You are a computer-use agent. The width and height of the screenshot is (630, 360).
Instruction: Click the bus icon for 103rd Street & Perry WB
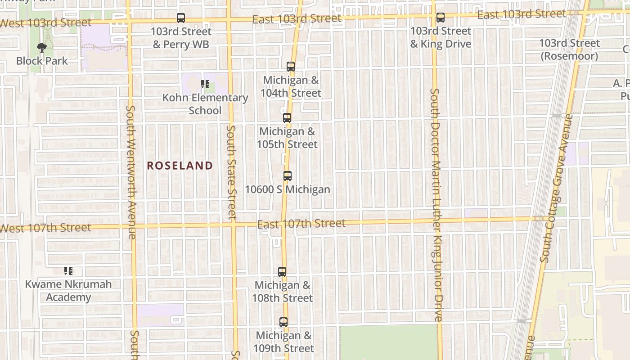pyautogui.click(x=181, y=18)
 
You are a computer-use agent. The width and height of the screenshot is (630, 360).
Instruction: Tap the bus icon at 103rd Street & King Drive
pyautogui.click(x=441, y=18)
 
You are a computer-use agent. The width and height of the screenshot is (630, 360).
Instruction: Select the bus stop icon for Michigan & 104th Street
pyautogui.click(x=291, y=67)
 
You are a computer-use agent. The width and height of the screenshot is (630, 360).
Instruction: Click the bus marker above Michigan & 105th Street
pyautogui.click(x=287, y=118)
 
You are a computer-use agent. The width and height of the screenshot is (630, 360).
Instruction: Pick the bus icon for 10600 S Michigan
pyautogui.click(x=288, y=176)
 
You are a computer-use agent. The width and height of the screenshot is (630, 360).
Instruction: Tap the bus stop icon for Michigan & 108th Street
pyautogui.click(x=282, y=272)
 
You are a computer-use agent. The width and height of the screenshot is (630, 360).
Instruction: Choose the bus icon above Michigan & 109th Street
pyautogui.click(x=283, y=322)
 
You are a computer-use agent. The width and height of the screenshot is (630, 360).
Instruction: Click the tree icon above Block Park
pyautogui.click(x=41, y=47)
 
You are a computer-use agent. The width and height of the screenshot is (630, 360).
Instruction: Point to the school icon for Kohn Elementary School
pyautogui.click(x=205, y=84)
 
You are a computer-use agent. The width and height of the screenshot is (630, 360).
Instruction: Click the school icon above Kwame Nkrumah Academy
pyautogui.click(x=68, y=271)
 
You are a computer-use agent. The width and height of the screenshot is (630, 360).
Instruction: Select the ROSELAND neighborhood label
pyautogui.click(x=180, y=166)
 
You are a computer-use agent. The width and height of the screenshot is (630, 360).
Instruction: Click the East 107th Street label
pyautogui.click(x=301, y=223)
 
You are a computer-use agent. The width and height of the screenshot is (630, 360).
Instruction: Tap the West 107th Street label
pyautogui.click(x=45, y=228)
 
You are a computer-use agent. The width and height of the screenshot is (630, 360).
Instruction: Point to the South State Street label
pyautogui.click(x=231, y=172)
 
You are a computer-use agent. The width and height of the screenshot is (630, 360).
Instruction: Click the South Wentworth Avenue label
pyautogui.click(x=131, y=172)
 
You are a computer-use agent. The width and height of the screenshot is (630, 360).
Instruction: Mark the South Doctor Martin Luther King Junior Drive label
pyautogui.click(x=436, y=205)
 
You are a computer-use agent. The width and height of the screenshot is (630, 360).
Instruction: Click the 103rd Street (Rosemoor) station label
pyautogui.click(x=569, y=49)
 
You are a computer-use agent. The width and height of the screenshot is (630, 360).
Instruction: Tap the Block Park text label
pyautogui.click(x=42, y=61)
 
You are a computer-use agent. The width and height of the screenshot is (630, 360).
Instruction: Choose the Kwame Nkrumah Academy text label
pyautogui.click(x=68, y=291)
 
